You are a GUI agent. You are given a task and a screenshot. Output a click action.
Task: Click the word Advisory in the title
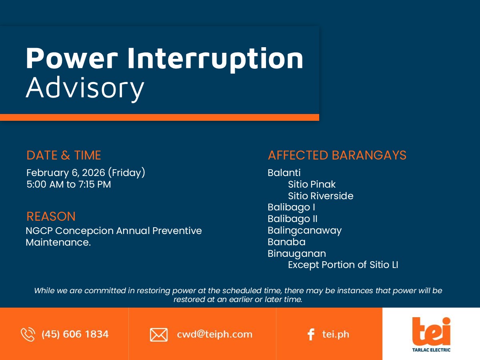point(85,88)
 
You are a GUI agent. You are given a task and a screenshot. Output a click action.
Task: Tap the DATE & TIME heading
point(64,155)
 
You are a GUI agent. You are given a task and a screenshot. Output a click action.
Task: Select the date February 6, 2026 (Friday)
point(86,173)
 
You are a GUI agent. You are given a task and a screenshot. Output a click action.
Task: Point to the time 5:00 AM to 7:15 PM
point(69,184)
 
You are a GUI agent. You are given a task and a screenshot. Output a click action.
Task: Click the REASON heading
point(51,216)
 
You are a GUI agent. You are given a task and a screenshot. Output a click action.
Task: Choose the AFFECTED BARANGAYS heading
point(337,155)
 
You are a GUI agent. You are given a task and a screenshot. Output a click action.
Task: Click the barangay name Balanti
point(284,173)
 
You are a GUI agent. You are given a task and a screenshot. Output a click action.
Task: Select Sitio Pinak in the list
point(312,184)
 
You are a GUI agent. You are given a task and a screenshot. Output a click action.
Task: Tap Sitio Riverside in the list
point(320,196)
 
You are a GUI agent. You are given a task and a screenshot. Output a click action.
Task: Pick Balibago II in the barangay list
point(292,219)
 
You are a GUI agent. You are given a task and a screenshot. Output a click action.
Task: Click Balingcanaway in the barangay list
point(305,231)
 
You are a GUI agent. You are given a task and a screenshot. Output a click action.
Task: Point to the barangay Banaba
point(286,242)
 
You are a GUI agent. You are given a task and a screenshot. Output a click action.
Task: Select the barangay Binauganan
point(297,254)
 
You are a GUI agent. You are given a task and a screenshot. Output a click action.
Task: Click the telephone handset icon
point(28,334)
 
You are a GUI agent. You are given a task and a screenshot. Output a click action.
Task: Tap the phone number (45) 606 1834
point(75,334)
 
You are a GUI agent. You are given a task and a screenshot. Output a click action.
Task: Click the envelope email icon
point(159,335)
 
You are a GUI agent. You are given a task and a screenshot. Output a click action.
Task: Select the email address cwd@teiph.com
point(214,334)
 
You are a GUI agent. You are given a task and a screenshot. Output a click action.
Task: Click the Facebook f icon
point(311,334)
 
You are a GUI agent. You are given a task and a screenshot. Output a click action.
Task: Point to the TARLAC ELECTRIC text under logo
point(431,350)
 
